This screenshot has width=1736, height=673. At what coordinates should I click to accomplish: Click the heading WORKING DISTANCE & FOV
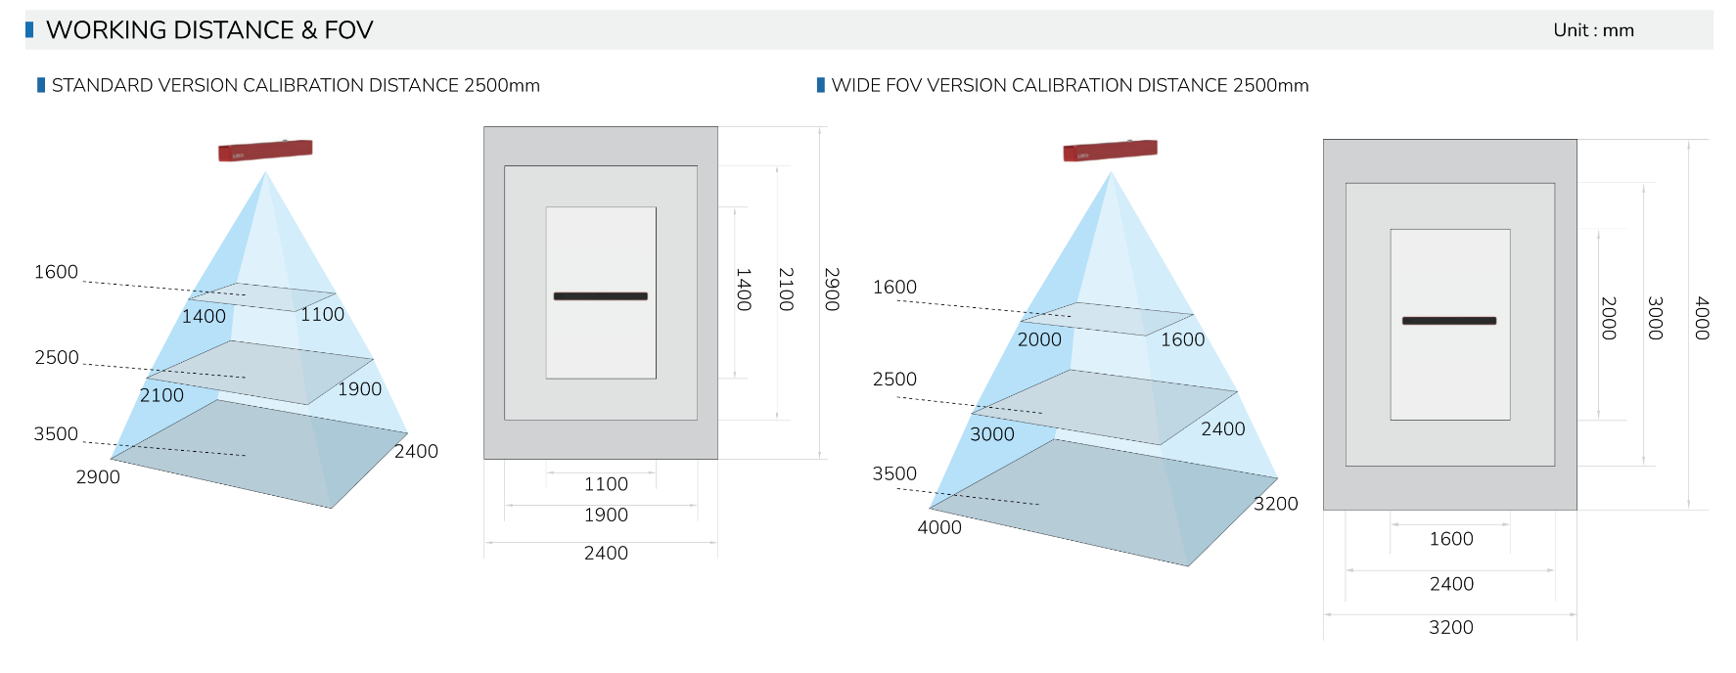tap(209, 30)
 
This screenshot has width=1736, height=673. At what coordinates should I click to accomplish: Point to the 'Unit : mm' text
tap(1593, 30)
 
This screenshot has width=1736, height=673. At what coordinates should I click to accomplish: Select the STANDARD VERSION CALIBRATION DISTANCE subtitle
tap(296, 85)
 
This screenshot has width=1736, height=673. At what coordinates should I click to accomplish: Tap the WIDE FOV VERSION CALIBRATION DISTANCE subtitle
tap(1070, 85)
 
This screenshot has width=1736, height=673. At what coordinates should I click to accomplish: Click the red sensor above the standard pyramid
tap(265, 151)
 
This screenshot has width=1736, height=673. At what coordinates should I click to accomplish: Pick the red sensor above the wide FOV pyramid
tap(1110, 151)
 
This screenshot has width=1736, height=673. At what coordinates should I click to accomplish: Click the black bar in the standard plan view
tap(600, 296)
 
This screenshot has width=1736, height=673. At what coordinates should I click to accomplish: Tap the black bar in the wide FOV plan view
tap(1448, 321)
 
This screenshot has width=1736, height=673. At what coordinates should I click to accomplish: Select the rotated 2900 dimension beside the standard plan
tap(832, 290)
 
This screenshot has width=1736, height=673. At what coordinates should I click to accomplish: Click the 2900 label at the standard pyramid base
tap(98, 477)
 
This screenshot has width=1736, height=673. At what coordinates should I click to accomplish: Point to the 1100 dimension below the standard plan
tap(606, 484)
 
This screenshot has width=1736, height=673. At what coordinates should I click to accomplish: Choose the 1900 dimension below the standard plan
tap(606, 516)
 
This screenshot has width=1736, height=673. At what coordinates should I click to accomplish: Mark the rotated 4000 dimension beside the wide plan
tap(1702, 318)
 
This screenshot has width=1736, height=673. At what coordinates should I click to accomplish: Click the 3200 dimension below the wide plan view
tap(1450, 627)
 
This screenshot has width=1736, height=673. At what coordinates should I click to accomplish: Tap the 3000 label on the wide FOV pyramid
tap(992, 434)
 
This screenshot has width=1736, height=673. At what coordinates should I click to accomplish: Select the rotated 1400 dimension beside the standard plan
tap(744, 290)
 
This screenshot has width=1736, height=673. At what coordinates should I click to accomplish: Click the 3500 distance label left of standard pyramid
tap(56, 434)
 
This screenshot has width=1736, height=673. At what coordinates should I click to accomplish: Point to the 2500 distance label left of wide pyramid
tap(894, 380)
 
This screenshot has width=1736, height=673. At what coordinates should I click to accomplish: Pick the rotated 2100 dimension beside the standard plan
tap(786, 290)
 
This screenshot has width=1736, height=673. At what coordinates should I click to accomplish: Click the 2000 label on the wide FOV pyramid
tap(1039, 339)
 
